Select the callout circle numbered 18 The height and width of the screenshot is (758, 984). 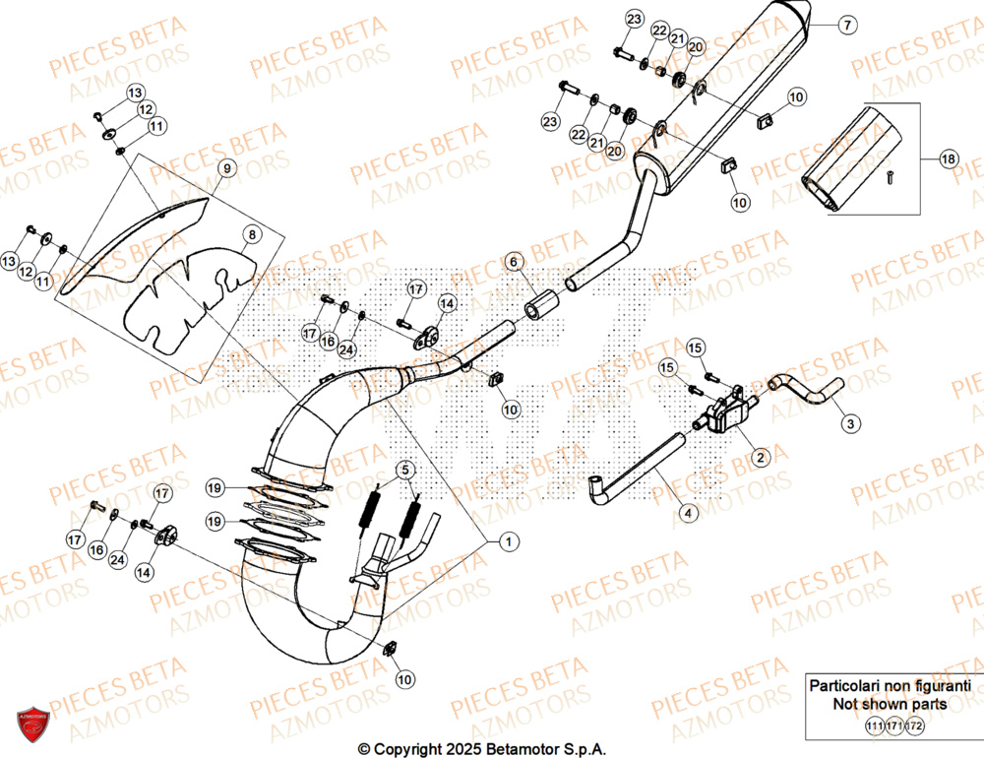click(948, 159)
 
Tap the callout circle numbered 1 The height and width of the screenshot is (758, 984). click(509, 540)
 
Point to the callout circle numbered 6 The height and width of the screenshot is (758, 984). click(513, 262)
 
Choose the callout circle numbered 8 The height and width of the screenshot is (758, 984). click(251, 235)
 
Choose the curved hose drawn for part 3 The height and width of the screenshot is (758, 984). click(809, 387)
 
